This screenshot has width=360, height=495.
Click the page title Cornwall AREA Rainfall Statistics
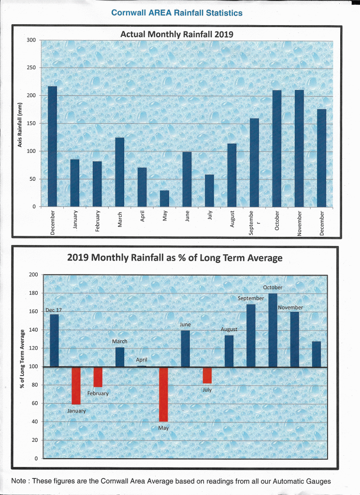[x=177, y=13]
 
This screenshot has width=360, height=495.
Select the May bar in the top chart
[x=164, y=198]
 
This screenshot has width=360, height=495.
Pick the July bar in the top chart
[x=209, y=190]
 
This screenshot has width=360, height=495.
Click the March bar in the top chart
[x=119, y=172]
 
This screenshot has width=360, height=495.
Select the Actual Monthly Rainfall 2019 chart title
[x=176, y=34]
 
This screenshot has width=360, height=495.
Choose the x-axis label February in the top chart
[x=97, y=221]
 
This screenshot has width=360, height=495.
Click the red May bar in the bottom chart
[x=163, y=394]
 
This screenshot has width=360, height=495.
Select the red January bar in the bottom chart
[x=76, y=385]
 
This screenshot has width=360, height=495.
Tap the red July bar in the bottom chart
[x=207, y=376]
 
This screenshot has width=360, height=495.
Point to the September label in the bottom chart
[x=251, y=298]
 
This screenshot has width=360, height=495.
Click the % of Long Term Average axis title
[x=22, y=359]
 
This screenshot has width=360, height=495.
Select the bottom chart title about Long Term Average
[x=175, y=257]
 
